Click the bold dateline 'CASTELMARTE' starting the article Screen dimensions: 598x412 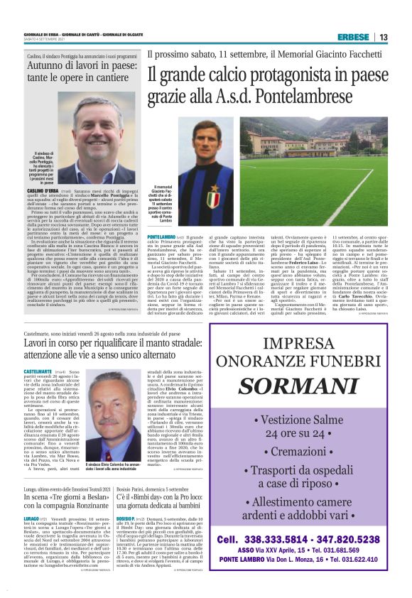(x=40, y=371)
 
